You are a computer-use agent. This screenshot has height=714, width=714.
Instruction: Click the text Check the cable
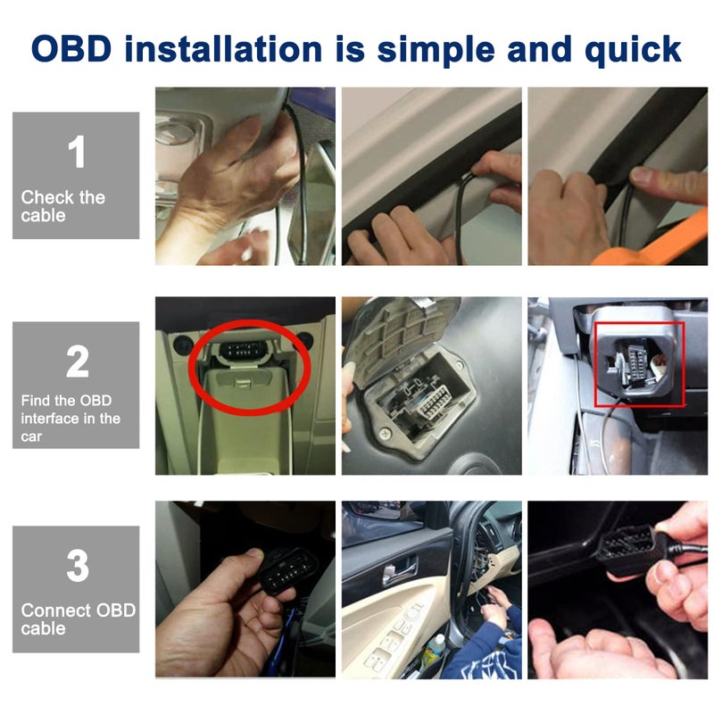tap(62, 206)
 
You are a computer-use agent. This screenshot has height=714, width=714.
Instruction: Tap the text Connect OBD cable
tap(78, 619)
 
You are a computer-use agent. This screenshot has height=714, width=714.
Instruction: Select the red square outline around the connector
tap(639, 363)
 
